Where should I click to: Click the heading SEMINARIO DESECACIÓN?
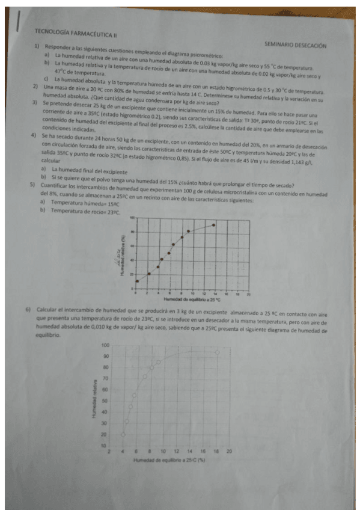(x=296, y=45)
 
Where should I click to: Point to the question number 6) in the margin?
(x=28, y=310)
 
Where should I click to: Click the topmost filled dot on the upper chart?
(x=214, y=225)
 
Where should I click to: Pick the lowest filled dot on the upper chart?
(x=138, y=281)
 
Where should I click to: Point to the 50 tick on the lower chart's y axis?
(x=105, y=401)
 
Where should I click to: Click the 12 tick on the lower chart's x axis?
(x=176, y=450)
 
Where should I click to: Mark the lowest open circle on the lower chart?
(x=123, y=434)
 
